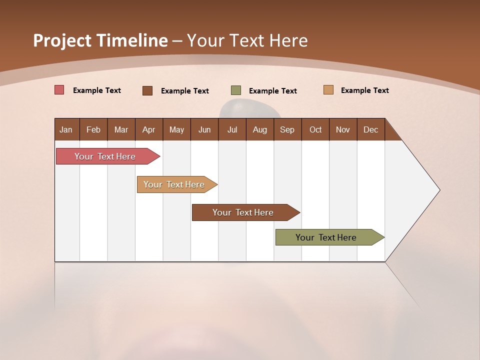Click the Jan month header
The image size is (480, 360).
click(66, 129)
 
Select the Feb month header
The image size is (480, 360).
click(93, 129)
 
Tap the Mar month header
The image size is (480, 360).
click(121, 129)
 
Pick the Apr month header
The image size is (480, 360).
click(149, 129)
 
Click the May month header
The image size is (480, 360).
click(176, 129)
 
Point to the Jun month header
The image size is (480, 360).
click(204, 129)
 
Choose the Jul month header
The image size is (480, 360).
click(232, 129)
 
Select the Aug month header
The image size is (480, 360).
click(260, 129)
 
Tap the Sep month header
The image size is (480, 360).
click(287, 129)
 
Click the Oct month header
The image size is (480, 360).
click(315, 129)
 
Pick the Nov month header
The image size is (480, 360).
click(343, 129)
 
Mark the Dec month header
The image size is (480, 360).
click(371, 129)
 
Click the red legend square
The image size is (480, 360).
click(59, 90)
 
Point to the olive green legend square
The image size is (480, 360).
click(236, 90)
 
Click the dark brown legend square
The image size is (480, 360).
click(147, 90)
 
